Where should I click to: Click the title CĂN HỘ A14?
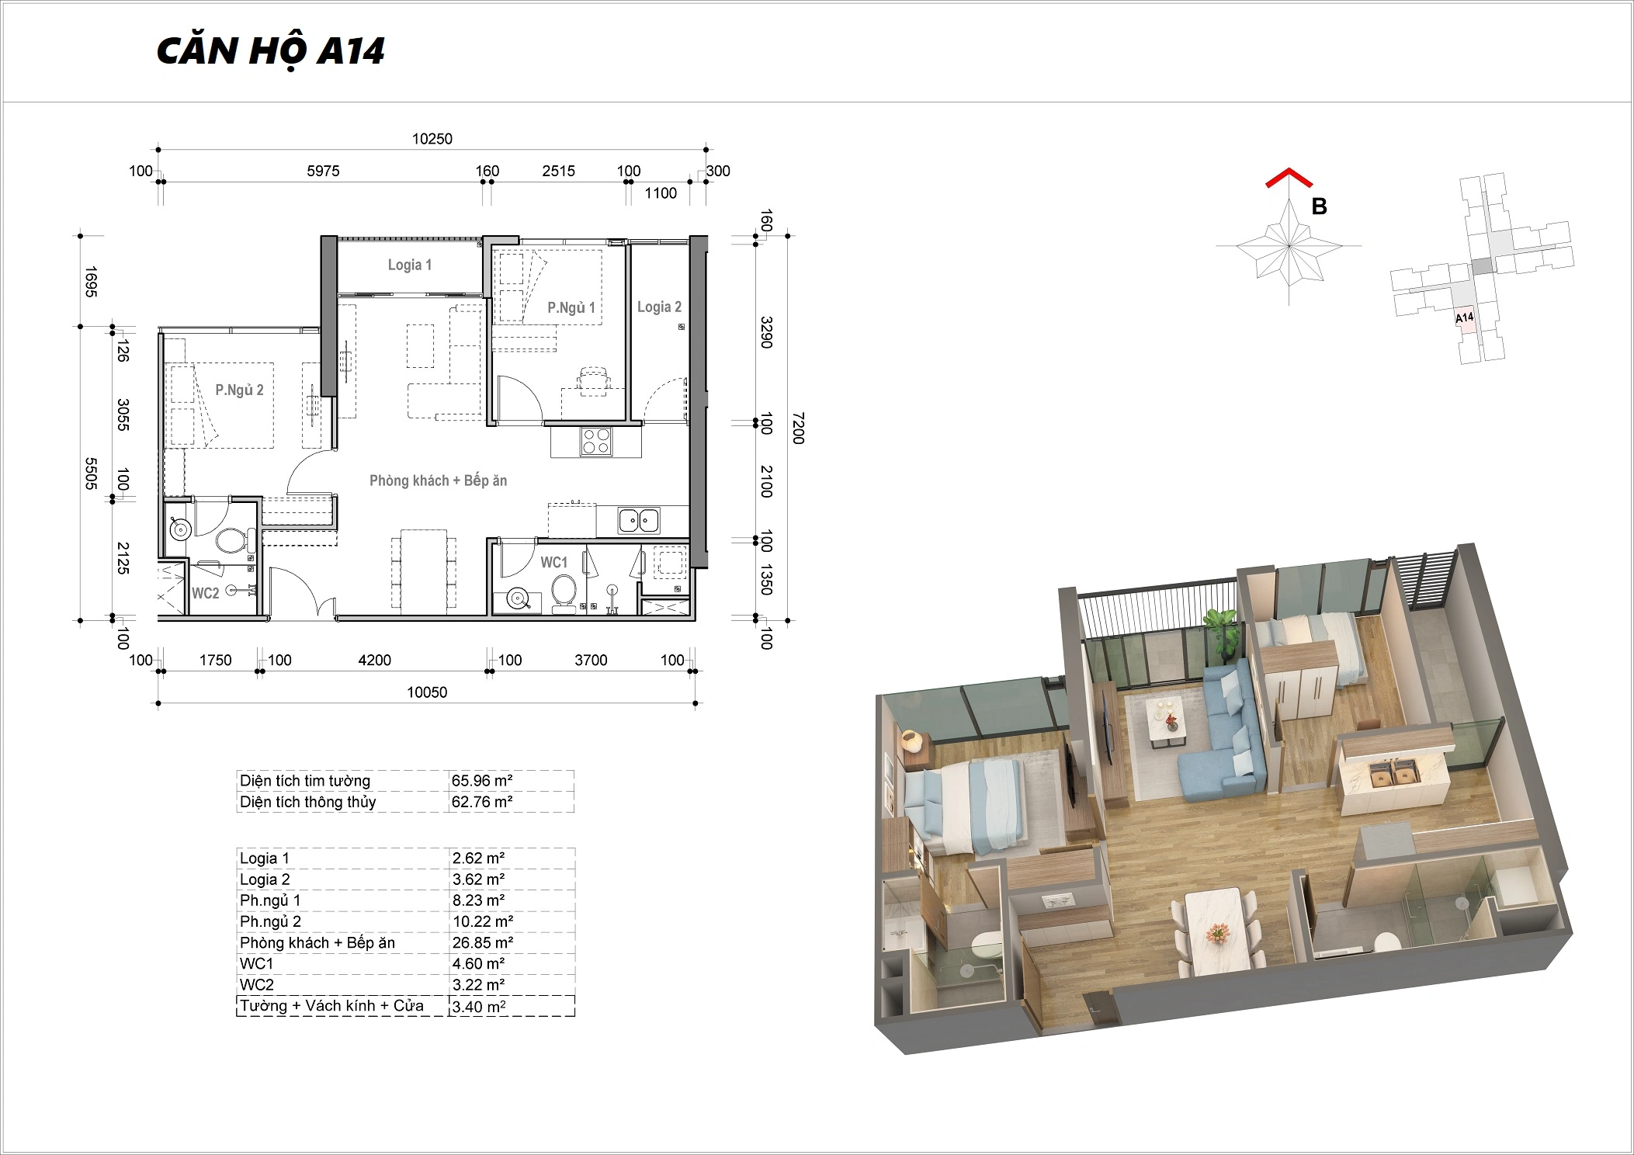pyautogui.click(x=270, y=51)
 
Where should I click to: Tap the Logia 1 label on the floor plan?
pyautogui.click(x=410, y=265)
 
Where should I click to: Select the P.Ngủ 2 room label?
pyautogui.click(x=239, y=390)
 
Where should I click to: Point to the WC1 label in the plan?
pyautogui.click(x=554, y=562)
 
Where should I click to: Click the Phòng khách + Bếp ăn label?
pyautogui.click(x=438, y=480)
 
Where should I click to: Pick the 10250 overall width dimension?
pyautogui.click(x=432, y=139)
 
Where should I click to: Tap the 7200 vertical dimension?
pyautogui.click(x=798, y=428)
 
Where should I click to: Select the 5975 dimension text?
pyautogui.click(x=323, y=171)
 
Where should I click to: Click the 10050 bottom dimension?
pyautogui.click(x=427, y=692)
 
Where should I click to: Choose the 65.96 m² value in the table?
pyautogui.click(x=482, y=781)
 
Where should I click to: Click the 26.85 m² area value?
pyautogui.click(x=479, y=942)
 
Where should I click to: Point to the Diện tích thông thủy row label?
pyautogui.click(x=308, y=802)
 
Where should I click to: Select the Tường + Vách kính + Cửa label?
pyautogui.click(x=331, y=1006)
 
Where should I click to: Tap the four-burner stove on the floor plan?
pyautogui.click(x=596, y=441)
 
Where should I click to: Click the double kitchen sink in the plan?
pyautogui.click(x=639, y=520)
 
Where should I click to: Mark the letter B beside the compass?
pyautogui.click(x=1319, y=206)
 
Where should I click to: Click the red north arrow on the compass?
pyautogui.click(x=1289, y=178)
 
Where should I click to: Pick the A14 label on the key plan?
pyautogui.click(x=1464, y=317)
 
